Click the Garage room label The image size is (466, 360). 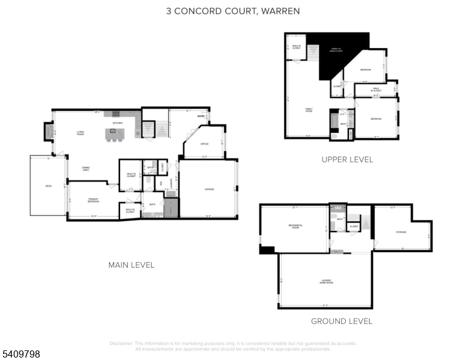[x=209, y=190]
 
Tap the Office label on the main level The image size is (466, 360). [x=204, y=144]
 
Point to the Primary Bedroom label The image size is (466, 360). [x=93, y=200]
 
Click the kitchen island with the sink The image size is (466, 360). [x=112, y=134]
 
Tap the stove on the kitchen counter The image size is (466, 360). [x=115, y=113]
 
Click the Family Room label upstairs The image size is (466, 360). [x=309, y=110]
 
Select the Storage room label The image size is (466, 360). [x=401, y=232]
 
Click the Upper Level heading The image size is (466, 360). [x=347, y=160]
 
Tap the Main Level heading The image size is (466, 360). [x=131, y=265]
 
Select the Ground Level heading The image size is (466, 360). [x=341, y=321]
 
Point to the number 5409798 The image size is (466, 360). [x=20, y=354]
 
